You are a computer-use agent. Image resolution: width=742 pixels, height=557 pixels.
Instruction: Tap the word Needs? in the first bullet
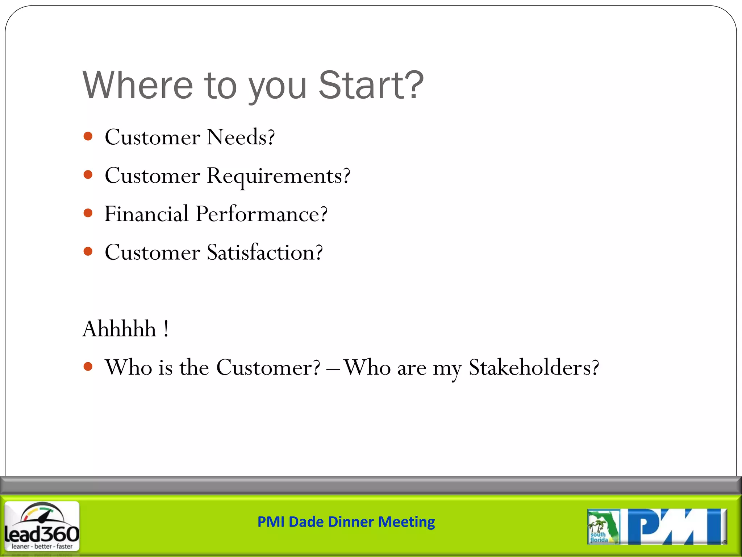tap(241, 137)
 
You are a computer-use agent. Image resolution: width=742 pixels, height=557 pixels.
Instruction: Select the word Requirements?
tap(278, 176)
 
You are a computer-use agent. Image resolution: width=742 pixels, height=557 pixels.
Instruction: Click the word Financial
tap(146, 214)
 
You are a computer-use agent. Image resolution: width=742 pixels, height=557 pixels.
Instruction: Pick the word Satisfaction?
tap(264, 252)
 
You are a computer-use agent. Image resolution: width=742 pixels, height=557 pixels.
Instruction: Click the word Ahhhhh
tap(119, 329)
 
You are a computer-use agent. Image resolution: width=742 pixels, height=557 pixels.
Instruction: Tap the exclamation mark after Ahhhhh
tap(166, 329)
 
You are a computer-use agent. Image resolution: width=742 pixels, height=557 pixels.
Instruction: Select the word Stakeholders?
tap(534, 368)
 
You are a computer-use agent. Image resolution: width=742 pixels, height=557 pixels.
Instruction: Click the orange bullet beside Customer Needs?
tap(88, 137)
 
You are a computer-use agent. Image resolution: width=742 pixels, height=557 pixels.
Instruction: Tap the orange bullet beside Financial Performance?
tap(88, 213)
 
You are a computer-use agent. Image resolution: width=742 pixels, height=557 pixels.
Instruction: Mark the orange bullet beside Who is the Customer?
tap(88, 367)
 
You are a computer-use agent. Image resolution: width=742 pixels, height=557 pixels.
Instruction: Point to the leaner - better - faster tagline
tap(42, 546)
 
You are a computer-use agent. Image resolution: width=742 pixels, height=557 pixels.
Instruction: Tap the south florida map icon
tap(603, 527)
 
